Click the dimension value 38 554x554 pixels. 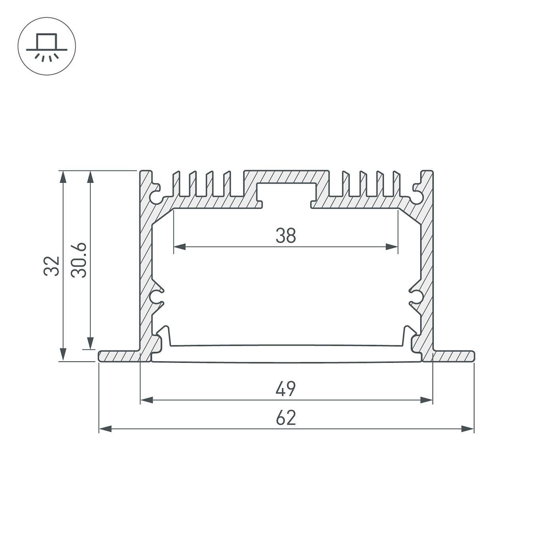point(286,235)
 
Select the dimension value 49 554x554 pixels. point(286,389)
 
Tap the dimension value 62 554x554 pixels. point(286,418)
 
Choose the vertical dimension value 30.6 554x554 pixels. point(79,260)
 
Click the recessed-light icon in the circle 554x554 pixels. point(47,46)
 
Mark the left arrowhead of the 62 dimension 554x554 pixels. point(104,429)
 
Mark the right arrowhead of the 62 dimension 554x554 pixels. point(468,429)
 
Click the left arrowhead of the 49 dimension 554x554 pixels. point(146,400)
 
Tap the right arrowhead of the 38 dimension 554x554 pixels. point(392,247)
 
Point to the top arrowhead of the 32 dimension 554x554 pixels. point(63,176)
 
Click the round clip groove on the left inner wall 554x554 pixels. point(155,298)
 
